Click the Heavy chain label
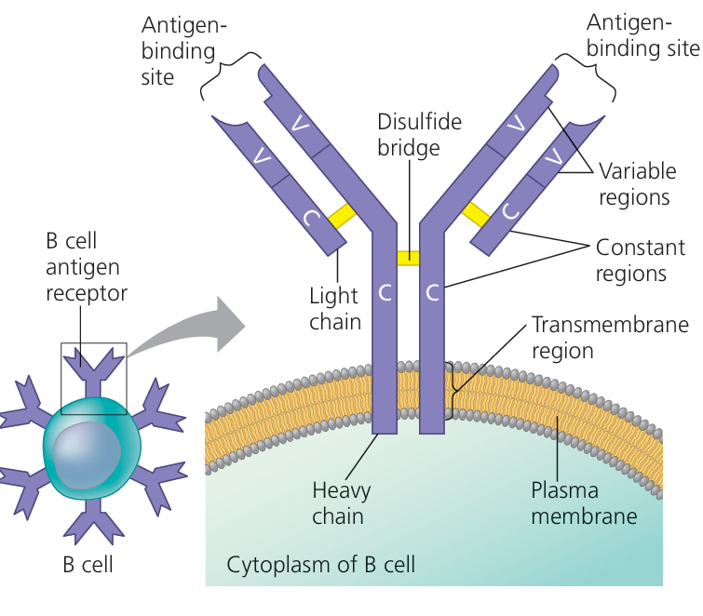pyautogui.click(x=341, y=502)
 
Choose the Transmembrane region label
pyautogui.click(x=609, y=338)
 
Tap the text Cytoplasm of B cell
pyautogui.click(x=321, y=564)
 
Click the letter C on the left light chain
pyautogui.click(x=311, y=220)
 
